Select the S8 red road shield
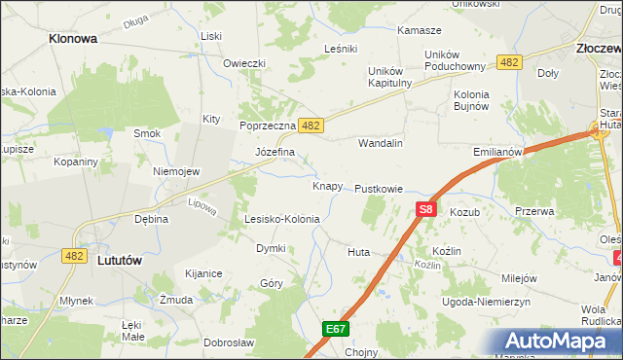(x=426, y=208)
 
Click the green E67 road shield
(x=336, y=329)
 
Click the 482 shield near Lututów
(x=72, y=255)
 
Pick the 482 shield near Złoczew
(x=508, y=61)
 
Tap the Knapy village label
(x=327, y=185)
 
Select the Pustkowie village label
(x=379, y=188)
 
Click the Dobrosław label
(x=229, y=342)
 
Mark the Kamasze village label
(x=420, y=31)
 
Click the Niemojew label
(x=176, y=171)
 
